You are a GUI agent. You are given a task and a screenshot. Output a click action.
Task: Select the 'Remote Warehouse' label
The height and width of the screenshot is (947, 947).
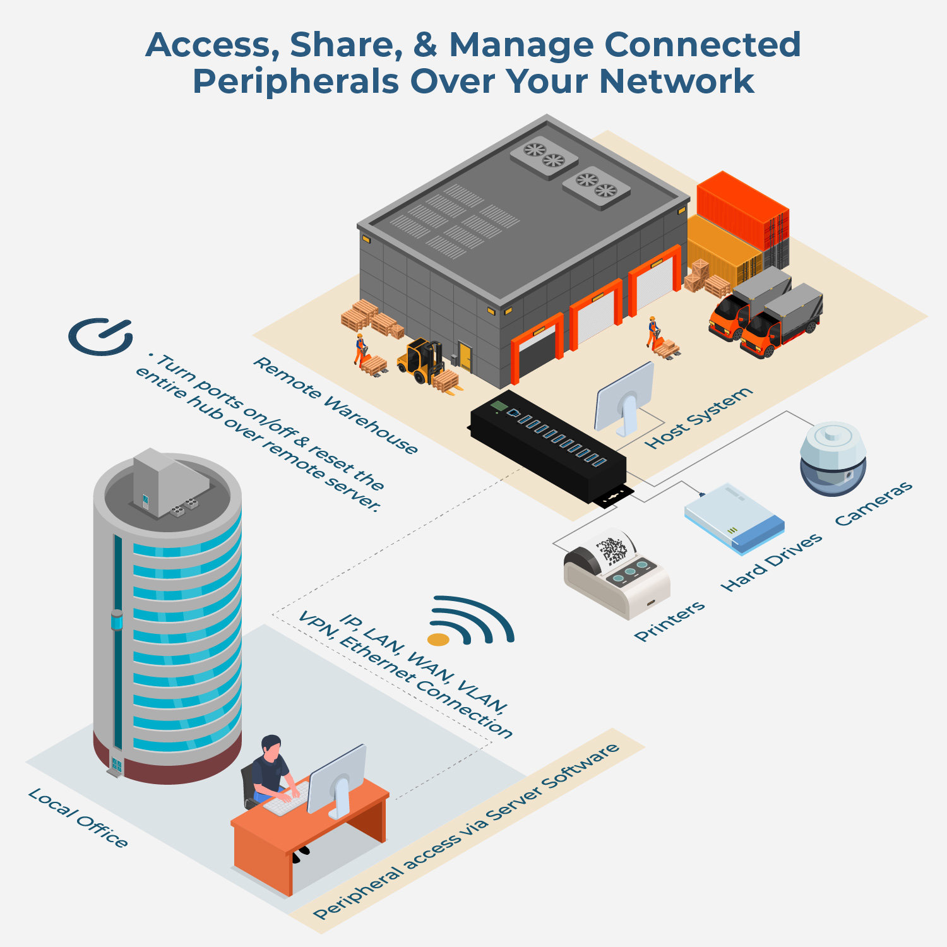coord(335,405)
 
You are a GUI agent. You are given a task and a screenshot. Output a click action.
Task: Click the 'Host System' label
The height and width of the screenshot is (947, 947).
coord(699,418)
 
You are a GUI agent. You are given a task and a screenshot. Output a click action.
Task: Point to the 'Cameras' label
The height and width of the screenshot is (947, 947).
coord(874,503)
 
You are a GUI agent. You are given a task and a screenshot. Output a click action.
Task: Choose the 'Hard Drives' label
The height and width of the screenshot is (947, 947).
coord(771,562)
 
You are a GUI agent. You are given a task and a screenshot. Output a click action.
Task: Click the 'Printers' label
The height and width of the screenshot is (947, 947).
coord(670,621)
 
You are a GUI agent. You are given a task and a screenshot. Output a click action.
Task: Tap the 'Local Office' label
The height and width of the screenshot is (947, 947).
coord(78,818)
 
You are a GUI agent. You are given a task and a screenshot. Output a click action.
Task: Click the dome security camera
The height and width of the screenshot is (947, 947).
coord(833,458)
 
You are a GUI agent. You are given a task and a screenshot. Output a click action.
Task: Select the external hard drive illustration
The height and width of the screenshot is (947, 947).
coord(734,519)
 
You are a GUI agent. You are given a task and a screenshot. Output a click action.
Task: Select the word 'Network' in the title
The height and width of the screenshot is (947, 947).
coord(676,81)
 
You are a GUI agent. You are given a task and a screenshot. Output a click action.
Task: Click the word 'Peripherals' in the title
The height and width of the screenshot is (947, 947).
coord(295,81)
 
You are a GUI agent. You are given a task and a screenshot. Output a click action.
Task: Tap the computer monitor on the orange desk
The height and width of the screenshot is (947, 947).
coord(337,781)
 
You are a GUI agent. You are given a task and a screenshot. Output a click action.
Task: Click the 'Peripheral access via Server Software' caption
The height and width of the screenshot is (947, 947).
coord(467,831)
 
